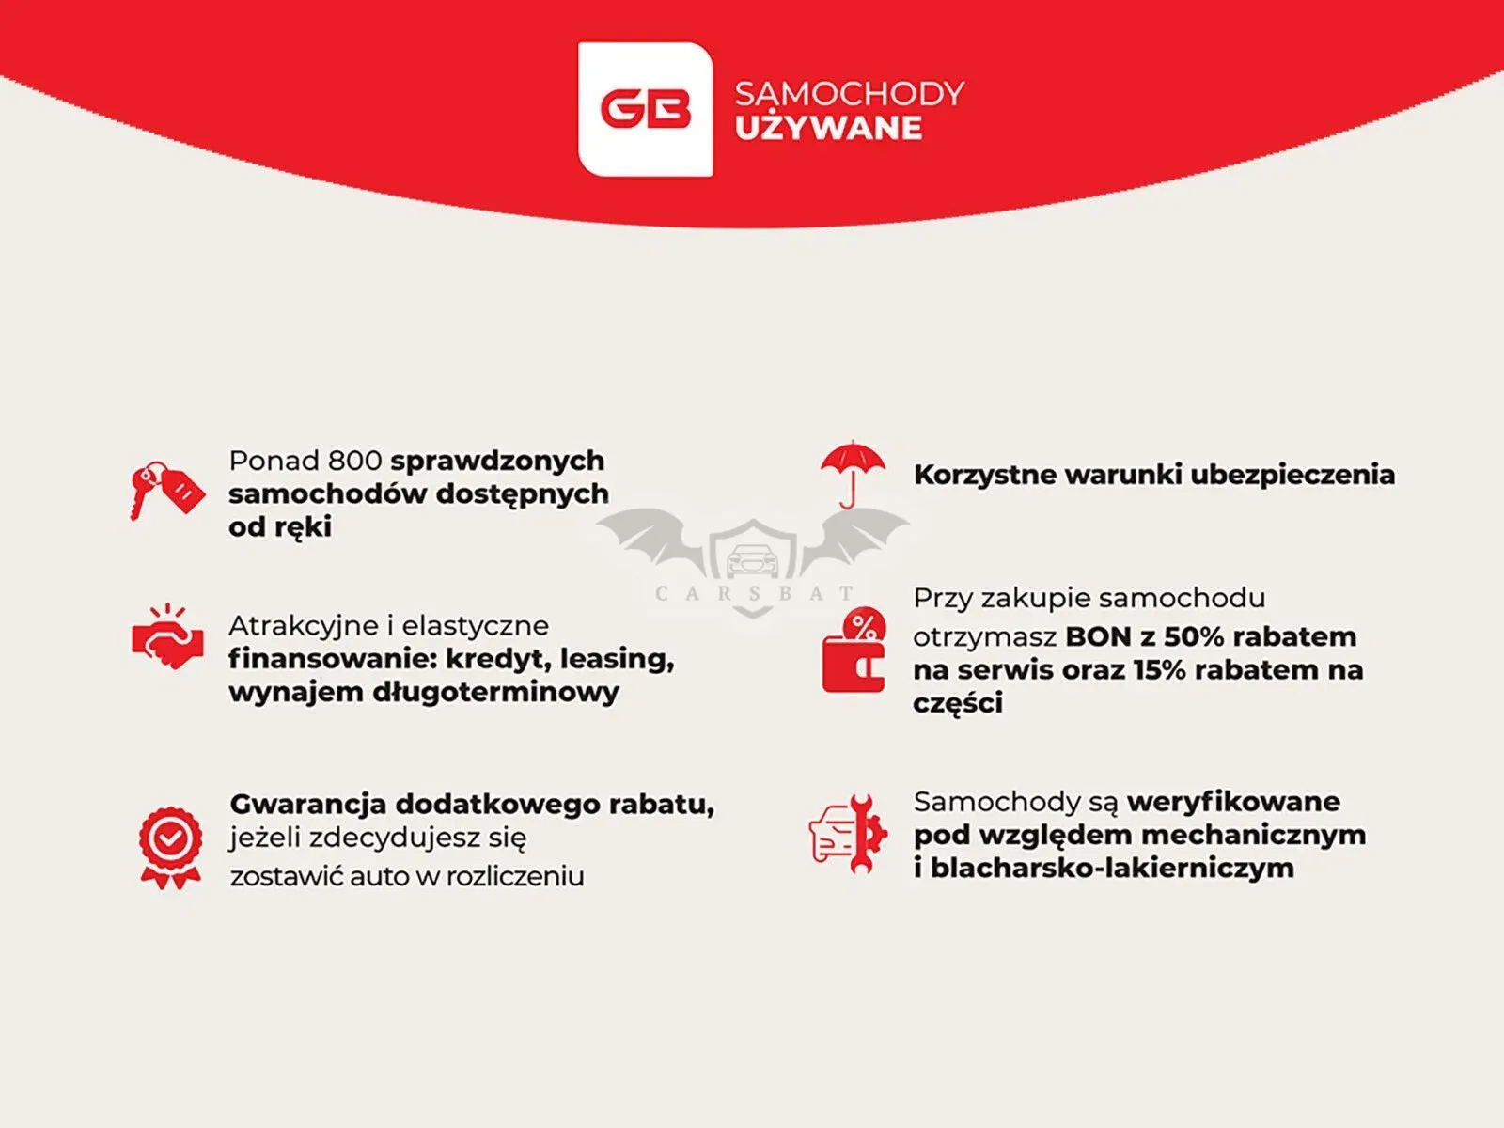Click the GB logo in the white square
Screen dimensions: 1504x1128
(646, 110)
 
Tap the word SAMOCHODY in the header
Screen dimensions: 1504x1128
(850, 94)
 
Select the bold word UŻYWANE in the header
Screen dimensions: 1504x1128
(828, 128)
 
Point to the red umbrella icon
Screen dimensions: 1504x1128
(853, 474)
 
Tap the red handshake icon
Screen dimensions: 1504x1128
(168, 637)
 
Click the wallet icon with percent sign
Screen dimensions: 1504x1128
(854, 650)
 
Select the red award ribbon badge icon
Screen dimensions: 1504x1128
(171, 848)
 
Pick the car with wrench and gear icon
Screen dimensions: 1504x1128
(848, 834)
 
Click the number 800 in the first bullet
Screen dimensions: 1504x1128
(354, 461)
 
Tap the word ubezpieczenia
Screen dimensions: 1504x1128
(1292, 476)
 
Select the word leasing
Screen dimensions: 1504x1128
(617, 659)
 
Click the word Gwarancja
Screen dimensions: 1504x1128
(308, 805)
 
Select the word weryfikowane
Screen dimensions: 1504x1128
(1233, 802)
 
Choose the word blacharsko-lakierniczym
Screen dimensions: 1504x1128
(1112, 869)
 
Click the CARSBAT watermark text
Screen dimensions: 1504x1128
(754, 593)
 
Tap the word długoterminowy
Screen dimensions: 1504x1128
(495, 693)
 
